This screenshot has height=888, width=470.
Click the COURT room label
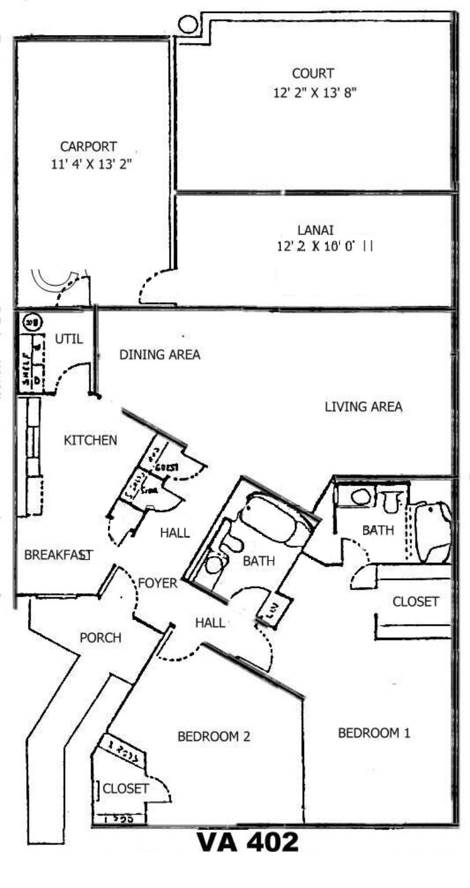[x=313, y=74]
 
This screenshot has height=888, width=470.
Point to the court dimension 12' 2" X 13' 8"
[x=314, y=92]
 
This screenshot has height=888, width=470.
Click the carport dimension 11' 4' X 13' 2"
[x=92, y=164]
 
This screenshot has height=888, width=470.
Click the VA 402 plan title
[x=248, y=842]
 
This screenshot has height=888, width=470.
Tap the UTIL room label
[x=68, y=339]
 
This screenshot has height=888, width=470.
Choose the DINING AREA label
[x=160, y=355]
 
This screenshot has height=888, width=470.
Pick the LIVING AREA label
[x=363, y=407]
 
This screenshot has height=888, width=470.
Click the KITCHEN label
[x=90, y=441]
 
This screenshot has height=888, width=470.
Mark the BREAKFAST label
[x=57, y=555]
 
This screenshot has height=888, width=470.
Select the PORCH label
[x=100, y=638]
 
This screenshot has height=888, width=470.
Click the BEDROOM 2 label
[x=214, y=737]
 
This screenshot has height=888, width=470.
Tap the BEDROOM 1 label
[x=374, y=733]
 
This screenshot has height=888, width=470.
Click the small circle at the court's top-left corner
[x=187, y=24]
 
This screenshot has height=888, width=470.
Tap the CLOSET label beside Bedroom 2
[x=125, y=789]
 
